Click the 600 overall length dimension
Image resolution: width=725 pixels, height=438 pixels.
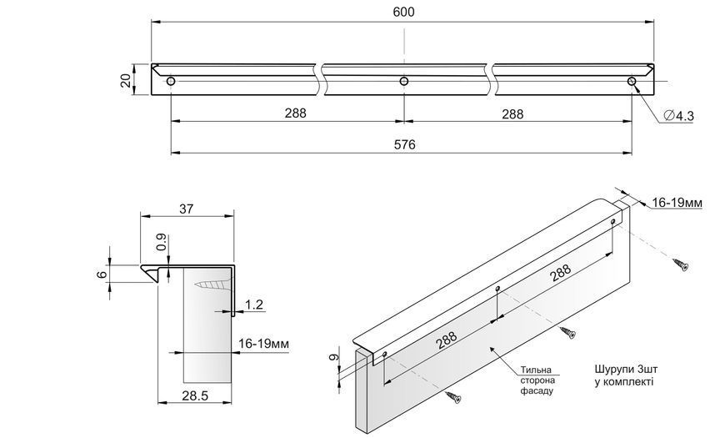[x=403, y=12]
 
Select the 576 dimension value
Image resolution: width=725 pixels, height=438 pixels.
[x=404, y=145]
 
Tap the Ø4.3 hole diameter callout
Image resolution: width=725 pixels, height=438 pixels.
[x=679, y=116]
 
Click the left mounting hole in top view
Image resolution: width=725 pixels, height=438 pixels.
[x=171, y=82]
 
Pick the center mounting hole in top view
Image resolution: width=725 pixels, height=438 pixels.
[x=404, y=82]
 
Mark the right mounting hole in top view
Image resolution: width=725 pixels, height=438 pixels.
[x=632, y=82]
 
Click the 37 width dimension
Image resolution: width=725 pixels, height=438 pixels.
[x=187, y=209]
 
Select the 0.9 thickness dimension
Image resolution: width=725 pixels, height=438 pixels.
[x=162, y=243]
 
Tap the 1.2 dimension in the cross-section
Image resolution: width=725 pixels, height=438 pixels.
[x=254, y=305]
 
